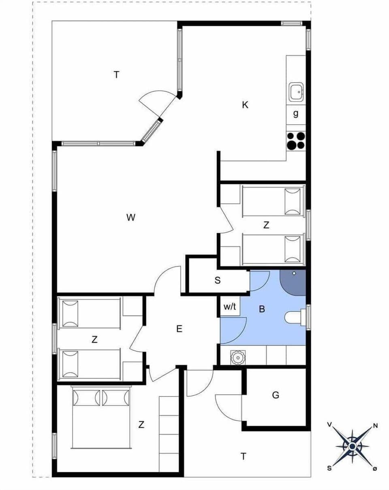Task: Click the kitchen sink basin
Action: pos(296,92)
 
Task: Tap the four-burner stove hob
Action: pos(296,141)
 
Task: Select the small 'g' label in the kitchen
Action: pos(296,113)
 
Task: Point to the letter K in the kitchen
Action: pos(245,105)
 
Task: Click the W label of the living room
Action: pos(130,218)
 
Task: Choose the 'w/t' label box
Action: pos(230,307)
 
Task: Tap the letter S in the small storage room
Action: pos(218,280)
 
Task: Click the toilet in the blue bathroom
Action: pos(294,316)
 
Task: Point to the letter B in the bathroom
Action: pos(262,310)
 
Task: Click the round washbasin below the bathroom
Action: pos(236,357)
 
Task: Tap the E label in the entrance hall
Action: pos(179,329)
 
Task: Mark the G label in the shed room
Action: pos(276,395)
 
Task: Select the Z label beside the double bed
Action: pos(141,424)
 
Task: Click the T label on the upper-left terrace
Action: pos(116,74)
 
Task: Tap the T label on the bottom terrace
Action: pos(243,456)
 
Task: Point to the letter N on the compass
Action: pos(375,425)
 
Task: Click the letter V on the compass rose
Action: pos(329,424)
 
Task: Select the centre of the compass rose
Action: pos(352,446)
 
